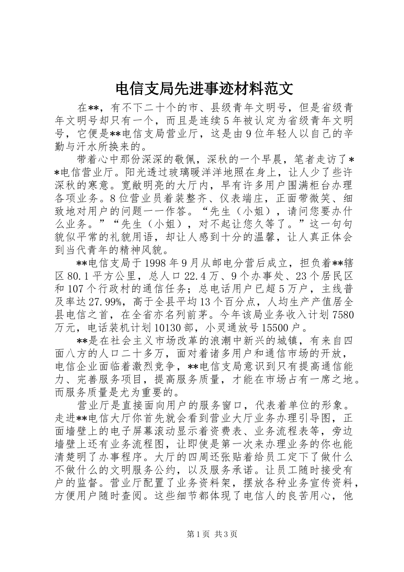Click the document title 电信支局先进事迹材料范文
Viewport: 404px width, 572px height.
coord(202,89)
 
